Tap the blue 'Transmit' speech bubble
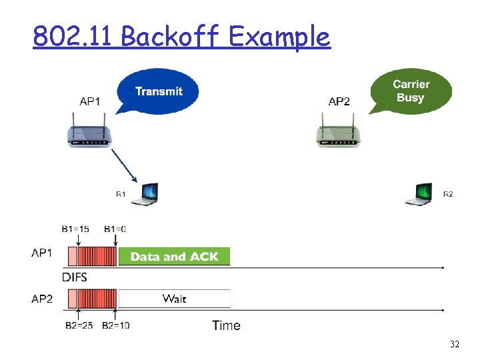tap(158, 91)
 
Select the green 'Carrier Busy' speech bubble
tap(411, 91)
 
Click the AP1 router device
tap(90, 133)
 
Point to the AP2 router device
tap(339, 133)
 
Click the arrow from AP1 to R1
tap(123, 164)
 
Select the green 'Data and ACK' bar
tap(174, 257)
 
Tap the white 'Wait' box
tap(174, 299)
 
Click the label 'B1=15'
tap(76, 229)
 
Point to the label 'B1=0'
tap(115, 229)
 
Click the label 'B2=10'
tap(115, 325)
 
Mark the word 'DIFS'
tap(75, 277)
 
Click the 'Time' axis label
tap(226, 325)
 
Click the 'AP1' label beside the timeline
tap(42, 253)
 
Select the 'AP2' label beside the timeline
tap(42, 299)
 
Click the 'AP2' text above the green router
tap(339, 101)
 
